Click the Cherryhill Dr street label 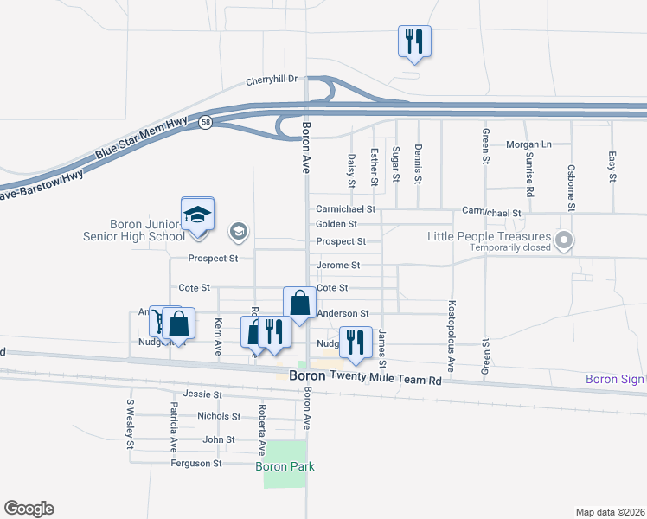click(x=271, y=79)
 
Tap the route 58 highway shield click(x=205, y=123)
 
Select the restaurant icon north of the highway click(x=414, y=40)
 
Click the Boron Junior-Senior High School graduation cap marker click(x=197, y=214)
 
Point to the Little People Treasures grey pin click(x=565, y=240)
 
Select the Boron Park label click(x=285, y=466)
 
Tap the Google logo click(x=29, y=509)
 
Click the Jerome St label click(x=337, y=265)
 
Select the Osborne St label click(x=571, y=188)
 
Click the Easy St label click(x=612, y=166)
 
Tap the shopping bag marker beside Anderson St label click(x=299, y=304)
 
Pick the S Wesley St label click(x=131, y=424)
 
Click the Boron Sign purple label click(x=615, y=379)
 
